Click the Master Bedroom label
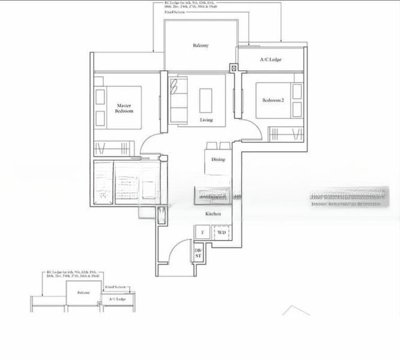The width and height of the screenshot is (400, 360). pos(124,108)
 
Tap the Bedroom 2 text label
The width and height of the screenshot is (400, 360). pos(273,100)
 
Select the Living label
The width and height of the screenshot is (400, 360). pos(206,121)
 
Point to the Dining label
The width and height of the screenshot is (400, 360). pos(218,160)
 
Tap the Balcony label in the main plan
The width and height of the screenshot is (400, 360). pos(201,46)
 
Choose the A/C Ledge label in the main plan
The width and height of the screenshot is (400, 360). pos(270,59)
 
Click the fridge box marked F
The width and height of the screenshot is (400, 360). pos(202,232)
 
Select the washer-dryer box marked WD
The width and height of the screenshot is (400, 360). pos(221,232)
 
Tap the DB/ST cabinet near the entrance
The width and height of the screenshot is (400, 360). pos(198,252)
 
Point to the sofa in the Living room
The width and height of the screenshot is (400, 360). pos(178,99)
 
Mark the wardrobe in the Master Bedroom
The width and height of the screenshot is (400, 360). pos(112,148)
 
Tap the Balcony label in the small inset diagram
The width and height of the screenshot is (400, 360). pos(83,293)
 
